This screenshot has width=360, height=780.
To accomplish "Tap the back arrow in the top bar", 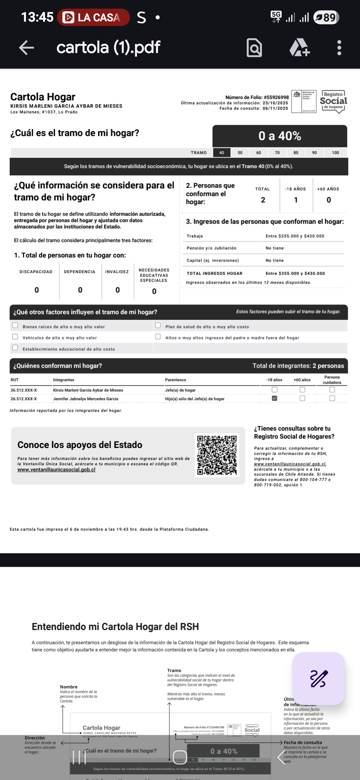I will click(27, 48).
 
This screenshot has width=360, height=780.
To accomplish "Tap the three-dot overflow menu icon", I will click(339, 48).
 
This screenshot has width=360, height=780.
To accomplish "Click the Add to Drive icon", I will click(299, 48).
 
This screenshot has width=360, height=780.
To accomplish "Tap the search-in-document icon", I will click(254, 48).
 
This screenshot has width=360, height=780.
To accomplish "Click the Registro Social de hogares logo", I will click(333, 101).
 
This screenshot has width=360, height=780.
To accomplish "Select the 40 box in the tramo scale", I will click(222, 153).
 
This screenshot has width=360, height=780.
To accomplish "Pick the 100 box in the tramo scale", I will click(335, 153).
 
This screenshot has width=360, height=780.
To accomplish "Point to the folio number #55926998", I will click(276, 97).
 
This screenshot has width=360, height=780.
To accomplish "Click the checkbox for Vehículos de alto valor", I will click(15, 337).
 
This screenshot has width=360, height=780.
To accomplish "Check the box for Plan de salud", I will click(158, 325).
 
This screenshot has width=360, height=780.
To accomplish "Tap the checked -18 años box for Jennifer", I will click(274, 398).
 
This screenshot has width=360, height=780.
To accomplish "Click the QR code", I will click(217, 455).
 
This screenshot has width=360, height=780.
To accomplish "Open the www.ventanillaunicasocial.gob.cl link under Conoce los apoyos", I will click(56, 470).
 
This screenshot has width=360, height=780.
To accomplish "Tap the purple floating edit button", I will click(319, 678).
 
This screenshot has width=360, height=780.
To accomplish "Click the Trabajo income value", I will click(295, 236).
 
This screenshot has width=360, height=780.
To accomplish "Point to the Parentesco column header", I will click(175, 380).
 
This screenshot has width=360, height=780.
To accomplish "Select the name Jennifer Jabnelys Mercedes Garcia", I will click(85, 399).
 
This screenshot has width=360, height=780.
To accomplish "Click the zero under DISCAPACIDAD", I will click(37, 290).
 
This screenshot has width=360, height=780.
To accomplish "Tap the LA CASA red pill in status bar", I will click(93, 17).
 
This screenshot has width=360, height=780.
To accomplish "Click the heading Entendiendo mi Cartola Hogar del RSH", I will click(115, 627).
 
